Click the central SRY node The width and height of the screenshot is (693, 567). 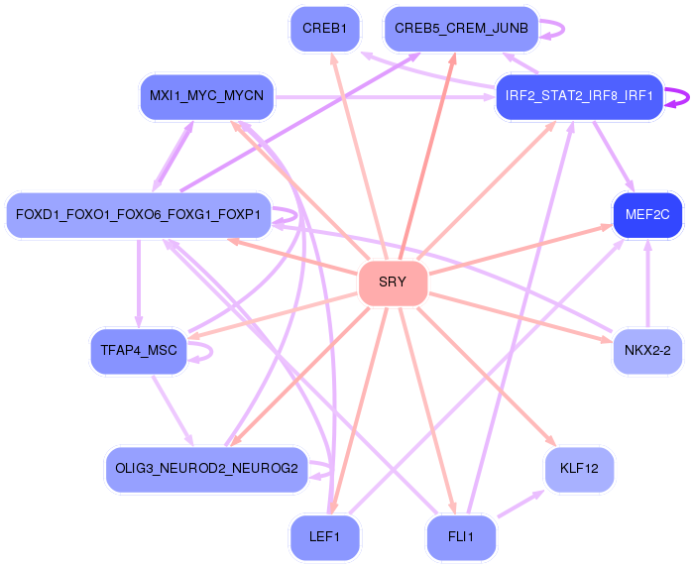coord(393,283)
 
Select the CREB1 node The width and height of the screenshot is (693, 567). coord(324,28)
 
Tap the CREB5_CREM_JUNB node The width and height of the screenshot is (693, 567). coord(461,28)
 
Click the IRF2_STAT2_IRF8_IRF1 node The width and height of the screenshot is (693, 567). coord(579,96)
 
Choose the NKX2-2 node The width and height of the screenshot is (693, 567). coord(647,351)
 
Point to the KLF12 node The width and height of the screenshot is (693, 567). coord(579,467)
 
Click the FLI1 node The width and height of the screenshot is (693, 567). coord(461,537)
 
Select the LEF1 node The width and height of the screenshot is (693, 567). coord(324,537)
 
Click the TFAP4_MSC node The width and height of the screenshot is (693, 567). coord(138,351)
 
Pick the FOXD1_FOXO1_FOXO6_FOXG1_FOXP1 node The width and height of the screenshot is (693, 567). coord(138,214)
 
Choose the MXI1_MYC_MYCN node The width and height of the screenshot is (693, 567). coord(206,96)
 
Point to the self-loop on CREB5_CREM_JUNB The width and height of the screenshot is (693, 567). coord(557,29)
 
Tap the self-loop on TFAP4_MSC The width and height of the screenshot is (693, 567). coord(205,350)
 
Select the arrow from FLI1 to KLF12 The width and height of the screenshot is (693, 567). coord(521,502)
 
